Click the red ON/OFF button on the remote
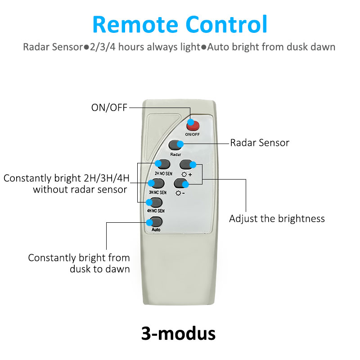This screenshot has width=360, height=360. [x=193, y=126]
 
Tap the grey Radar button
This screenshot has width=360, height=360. [x=175, y=145]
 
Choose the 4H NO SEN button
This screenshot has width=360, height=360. [x=155, y=202]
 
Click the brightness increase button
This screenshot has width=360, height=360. [x=187, y=164]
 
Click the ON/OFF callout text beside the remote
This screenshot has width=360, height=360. [x=109, y=108]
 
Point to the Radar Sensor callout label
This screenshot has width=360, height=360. [x=260, y=143]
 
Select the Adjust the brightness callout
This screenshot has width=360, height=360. [x=277, y=219]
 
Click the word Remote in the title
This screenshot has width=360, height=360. [x=135, y=25]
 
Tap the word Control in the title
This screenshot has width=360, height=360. [x=226, y=24]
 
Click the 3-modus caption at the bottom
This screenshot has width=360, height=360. [x=178, y=333]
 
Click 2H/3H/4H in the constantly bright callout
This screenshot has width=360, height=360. [x=107, y=178]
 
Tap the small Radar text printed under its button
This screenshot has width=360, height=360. [x=175, y=154]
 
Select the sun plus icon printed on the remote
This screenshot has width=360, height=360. [x=187, y=175]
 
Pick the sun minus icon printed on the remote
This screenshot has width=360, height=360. [x=180, y=193]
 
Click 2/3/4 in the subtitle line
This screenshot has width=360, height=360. [x=103, y=47]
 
